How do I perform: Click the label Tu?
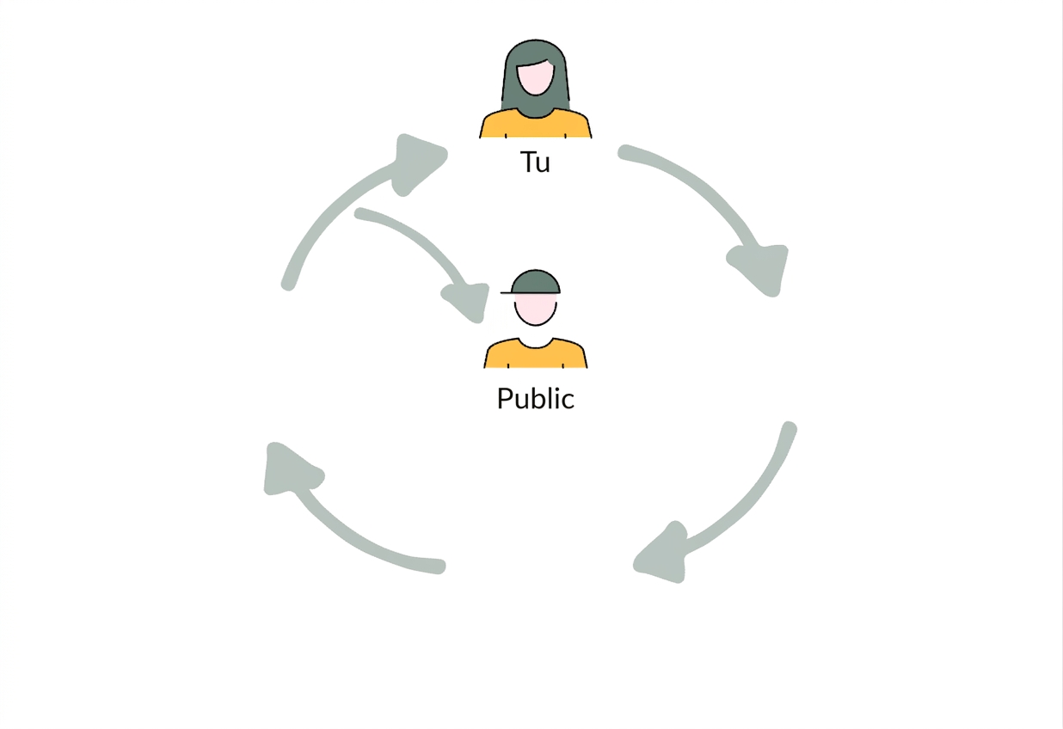tap(535, 162)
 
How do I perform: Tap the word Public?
tap(536, 398)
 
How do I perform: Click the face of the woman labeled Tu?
tap(535, 77)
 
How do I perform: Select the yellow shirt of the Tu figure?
tap(535, 124)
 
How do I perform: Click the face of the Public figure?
tap(535, 309)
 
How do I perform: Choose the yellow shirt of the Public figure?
tap(535, 352)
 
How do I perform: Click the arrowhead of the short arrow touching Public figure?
tap(468, 302)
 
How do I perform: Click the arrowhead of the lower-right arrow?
tap(663, 554)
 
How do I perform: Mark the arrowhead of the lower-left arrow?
tap(291, 469)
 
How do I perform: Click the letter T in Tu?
tap(527, 162)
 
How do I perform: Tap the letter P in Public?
tap(504, 398)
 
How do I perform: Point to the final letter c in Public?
tap(568, 401)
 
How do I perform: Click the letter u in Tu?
tap(544, 164)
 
